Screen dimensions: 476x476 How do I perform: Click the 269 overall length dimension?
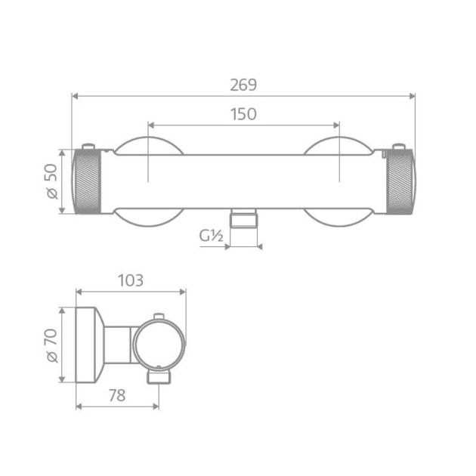coord(243,85)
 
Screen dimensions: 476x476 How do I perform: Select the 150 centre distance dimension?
coord(243,114)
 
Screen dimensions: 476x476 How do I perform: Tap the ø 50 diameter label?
coord(51,181)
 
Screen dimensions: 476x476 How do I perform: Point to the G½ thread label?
coord(211,236)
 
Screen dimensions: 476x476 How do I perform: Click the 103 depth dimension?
coord(131,280)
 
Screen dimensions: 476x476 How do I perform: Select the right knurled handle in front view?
coord(400,181)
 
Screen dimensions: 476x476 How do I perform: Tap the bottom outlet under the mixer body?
coord(243,218)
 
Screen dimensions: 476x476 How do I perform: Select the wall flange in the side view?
coord(88,345)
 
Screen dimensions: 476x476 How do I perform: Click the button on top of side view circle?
coord(158,316)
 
